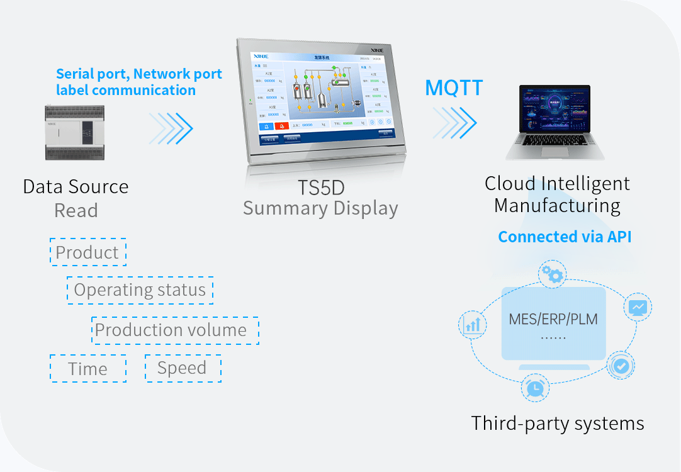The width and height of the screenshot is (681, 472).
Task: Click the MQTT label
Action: pos(454,87)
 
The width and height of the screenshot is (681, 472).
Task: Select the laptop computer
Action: pos(556,123)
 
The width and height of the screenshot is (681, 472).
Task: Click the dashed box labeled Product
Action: pos(87,252)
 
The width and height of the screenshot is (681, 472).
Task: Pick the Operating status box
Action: pos(140,290)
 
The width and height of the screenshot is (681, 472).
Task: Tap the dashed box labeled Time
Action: pos(88,369)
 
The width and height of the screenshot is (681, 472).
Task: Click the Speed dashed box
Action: pos(183,368)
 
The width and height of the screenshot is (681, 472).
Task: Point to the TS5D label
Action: pos(320,188)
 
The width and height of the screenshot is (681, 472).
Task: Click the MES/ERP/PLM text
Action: pos(553,319)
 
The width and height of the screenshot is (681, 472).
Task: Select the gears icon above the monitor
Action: pos(552,274)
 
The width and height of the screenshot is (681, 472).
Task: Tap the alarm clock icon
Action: pos(535,387)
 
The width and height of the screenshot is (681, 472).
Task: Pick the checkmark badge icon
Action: pos(621,366)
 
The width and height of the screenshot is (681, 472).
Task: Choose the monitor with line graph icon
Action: pos(638,308)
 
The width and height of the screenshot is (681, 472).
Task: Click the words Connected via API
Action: pos(565,237)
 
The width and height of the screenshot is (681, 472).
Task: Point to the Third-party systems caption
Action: pos(558,424)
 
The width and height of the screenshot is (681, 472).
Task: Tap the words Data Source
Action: pos(76,187)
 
